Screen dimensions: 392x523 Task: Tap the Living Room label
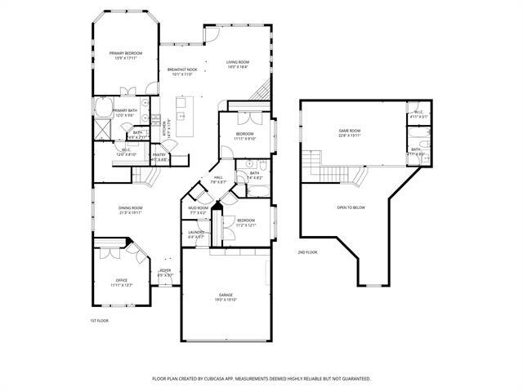[238, 62]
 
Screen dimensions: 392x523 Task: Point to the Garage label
[226, 294]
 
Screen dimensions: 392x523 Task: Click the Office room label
[121, 280]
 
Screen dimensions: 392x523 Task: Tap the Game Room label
[350, 131]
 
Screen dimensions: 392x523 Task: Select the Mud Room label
[199, 207]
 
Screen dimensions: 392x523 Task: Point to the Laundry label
[196, 232]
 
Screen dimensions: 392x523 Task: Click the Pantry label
[159, 154]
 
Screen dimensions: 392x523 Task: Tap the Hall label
[218, 177]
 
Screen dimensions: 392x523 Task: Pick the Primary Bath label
[125, 110]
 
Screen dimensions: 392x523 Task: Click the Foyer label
[165, 269]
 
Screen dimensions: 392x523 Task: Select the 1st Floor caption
[99, 320]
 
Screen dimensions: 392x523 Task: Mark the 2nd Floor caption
[307, 252]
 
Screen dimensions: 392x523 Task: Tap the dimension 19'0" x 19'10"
[226, 299]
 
